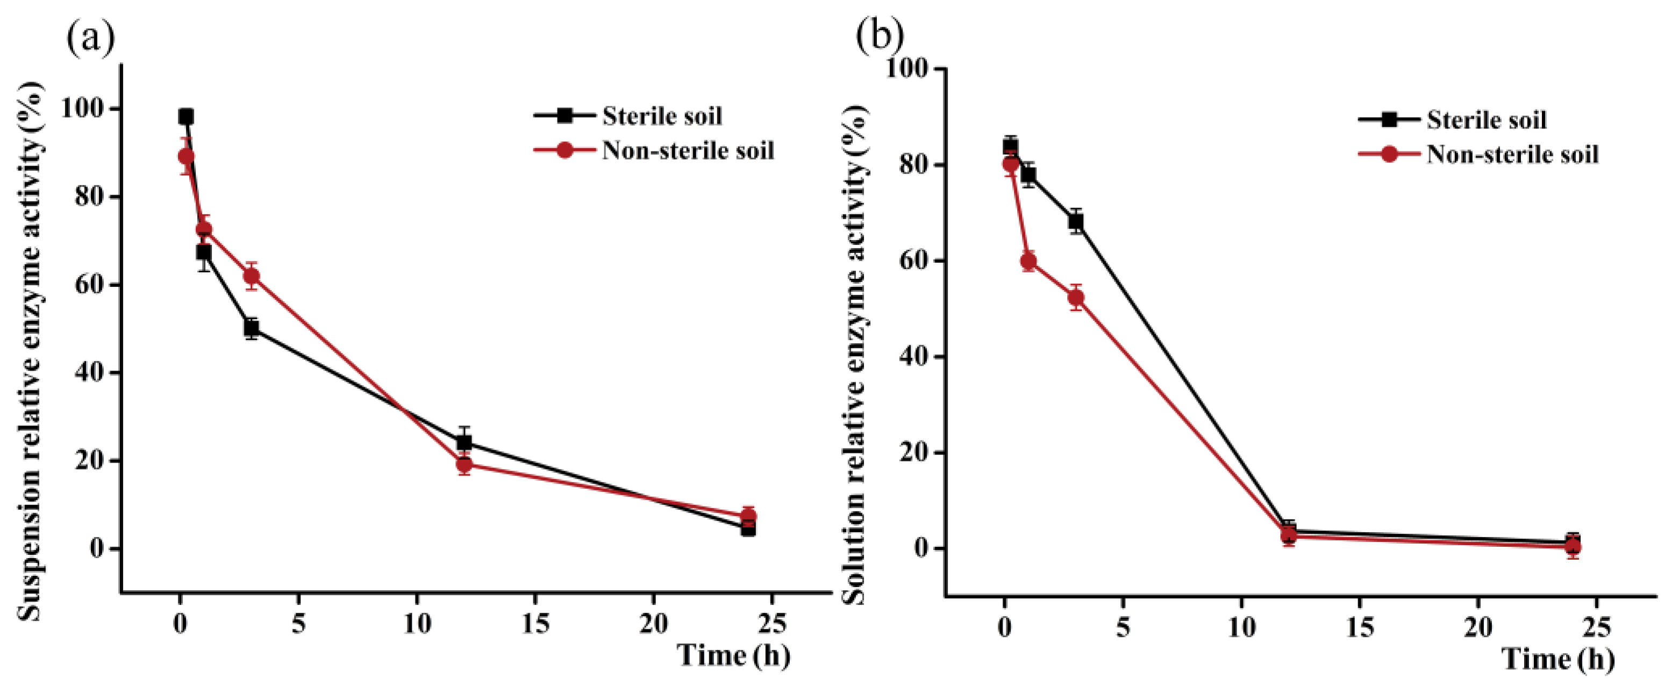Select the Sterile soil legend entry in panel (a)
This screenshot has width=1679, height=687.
(662, 117)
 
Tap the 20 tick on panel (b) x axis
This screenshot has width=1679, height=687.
(1477, 627)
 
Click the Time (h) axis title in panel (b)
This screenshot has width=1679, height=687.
(1559, 659)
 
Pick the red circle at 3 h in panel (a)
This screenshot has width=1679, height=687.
(252, 276)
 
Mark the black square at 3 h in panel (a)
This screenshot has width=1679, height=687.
(252, 328)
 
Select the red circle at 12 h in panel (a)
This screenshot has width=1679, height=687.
(464, 465)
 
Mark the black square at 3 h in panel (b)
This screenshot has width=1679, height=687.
(1076, 221)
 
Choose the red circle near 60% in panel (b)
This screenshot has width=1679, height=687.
(1028, 262)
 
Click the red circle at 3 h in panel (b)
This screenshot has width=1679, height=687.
(1076, 298)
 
